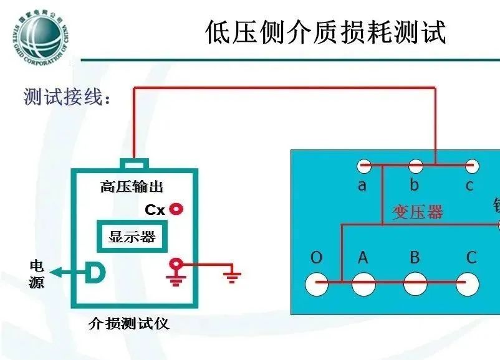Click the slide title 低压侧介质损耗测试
[325, 32]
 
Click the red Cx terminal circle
[177, 209]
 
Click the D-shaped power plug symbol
[95, 272]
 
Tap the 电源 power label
[37, 274]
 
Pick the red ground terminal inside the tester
[176, 266]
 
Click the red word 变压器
[417, 212]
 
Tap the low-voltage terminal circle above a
[363, 166]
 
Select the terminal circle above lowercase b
[415, 166]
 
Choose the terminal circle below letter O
[317, 284]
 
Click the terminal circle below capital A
[363, 284]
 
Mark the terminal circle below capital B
[415, 284]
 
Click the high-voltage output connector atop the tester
[134, 164]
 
